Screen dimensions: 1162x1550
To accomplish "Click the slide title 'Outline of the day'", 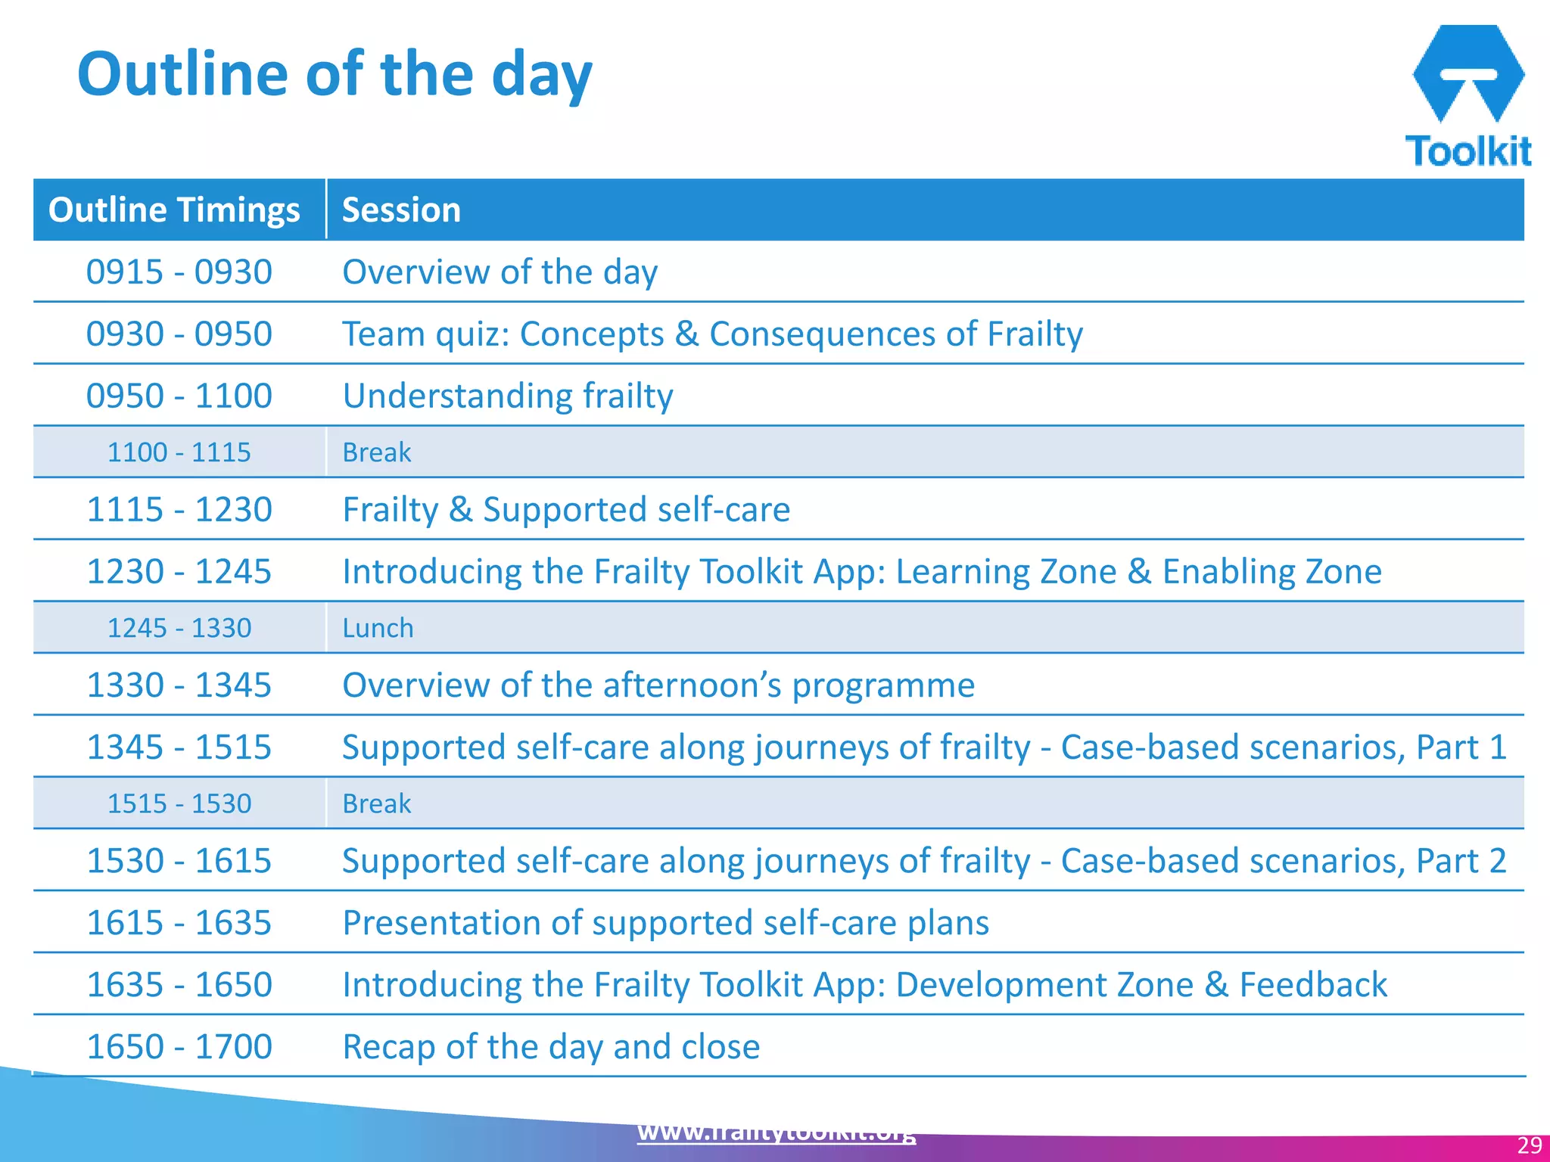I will tap(335, 74).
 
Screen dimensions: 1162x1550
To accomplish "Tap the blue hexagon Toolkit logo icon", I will tap(1468, 73).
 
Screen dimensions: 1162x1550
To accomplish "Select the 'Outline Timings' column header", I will tap(174, 210).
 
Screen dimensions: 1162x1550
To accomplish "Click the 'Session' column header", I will tap(401, 210).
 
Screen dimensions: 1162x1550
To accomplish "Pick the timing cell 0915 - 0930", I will tap(179, 272).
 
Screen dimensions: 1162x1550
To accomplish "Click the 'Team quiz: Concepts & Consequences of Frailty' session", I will tap(712, 334).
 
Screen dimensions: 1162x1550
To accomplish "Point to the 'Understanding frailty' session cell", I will tap(508, 396).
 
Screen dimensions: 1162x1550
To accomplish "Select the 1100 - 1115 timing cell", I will tap(179, 452).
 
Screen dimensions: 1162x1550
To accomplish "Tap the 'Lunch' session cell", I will tap(378, 628).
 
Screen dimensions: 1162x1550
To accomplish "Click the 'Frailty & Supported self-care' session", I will tap(566, 509).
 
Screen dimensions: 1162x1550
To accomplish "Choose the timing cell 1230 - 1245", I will tap(179, 571).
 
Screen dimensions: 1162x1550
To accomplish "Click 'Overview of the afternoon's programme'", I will tap(658, 685).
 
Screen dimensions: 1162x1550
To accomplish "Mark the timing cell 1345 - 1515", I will tap(179, 747).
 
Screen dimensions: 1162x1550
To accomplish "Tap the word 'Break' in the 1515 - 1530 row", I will tap(376, 803).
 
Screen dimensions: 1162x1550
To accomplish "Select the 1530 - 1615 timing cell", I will tap(179, 860).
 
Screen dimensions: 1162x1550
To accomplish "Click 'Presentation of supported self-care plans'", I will tap(665, 922).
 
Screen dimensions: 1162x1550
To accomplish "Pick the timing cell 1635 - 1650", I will tap(179, 984).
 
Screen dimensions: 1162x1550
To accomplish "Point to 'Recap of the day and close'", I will tap(551, 1046).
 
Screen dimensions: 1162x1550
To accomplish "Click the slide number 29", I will tap(1530, 1145).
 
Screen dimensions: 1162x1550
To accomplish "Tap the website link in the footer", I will tap(777, 1133).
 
